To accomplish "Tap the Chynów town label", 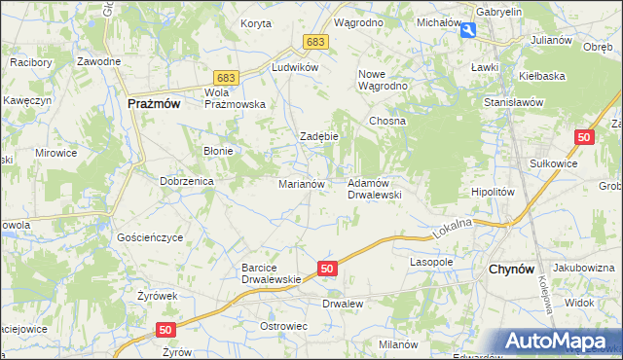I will tap(509, 270).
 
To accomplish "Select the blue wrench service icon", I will tap(468, 31).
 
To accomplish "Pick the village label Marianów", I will tap(301, 183).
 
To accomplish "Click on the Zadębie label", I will tap(318, 136).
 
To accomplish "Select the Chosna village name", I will tap(386, 121).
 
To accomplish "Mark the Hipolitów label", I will tap(492, 192).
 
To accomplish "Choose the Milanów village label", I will tap(398, 344).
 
